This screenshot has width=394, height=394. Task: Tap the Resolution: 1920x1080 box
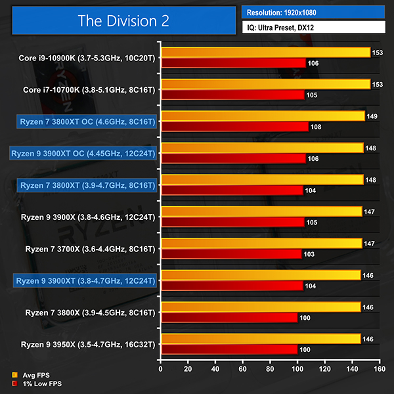313,11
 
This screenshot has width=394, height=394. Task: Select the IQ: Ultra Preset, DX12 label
313,28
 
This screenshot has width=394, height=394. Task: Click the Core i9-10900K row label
87,58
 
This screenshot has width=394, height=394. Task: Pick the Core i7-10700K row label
89,89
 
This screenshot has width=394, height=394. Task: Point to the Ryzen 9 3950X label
88,344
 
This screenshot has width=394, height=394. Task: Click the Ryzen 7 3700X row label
90,249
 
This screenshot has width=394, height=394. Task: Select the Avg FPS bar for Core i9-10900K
265,53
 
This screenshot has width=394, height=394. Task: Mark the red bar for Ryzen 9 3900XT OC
233,158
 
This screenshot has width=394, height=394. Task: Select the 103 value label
308,253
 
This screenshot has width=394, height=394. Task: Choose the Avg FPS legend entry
30,375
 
